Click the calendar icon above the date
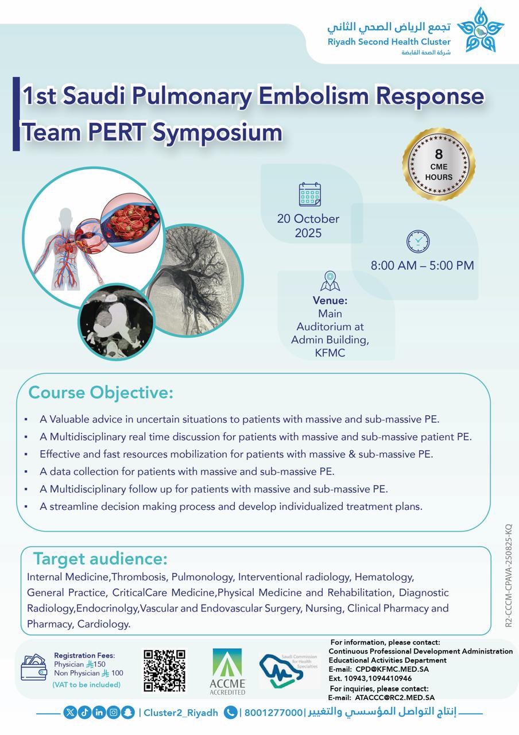click(310, 195)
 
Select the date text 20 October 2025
click(308, 226)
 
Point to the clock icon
click(418, 241)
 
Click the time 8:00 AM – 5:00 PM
click(422, 265)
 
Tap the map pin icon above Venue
click(330, 281)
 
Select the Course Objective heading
click(100, 393)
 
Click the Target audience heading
click(100, 558)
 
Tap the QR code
click(164, 671)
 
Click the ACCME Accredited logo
click(227, 671)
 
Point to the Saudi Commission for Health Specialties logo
click(289, 670)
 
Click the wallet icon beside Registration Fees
click(33, 668)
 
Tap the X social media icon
click(70, 712)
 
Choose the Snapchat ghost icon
click(128, 712)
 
